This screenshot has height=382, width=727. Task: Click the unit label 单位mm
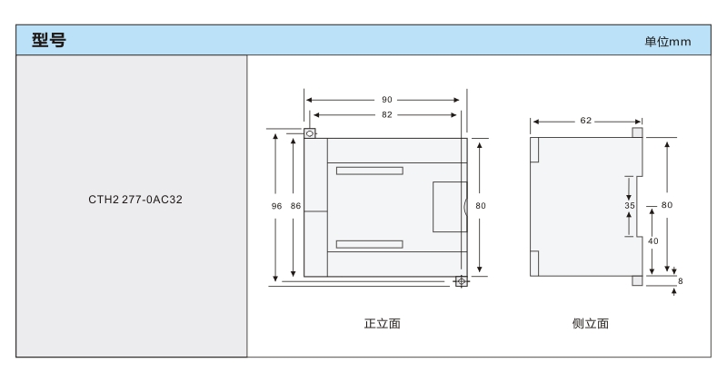[x=668, y=44]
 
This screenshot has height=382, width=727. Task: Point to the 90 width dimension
[x=386, y=101]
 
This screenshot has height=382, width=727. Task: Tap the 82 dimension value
[x=386, y=115]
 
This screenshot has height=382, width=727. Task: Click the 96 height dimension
[x=277, y=206]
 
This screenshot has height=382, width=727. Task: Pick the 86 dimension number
[x=295, y=206]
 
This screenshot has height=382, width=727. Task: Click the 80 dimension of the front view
[x=481, y=206]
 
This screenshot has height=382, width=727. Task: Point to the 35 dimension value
[x=630, y=206]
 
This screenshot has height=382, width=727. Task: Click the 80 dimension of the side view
[x=667, y=205]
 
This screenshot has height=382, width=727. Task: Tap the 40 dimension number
[x=652, y=241]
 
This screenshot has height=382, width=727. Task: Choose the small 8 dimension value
[x=680, y=281]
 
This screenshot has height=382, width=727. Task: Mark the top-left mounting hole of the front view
[x=310, y=134]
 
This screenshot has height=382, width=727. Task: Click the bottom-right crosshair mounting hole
[x=462, y=281]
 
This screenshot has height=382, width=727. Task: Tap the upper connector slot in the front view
[x=368, y=171]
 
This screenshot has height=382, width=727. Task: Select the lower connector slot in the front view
[x=368, y=243]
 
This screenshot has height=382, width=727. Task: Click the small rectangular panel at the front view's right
[x=448, y=206]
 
